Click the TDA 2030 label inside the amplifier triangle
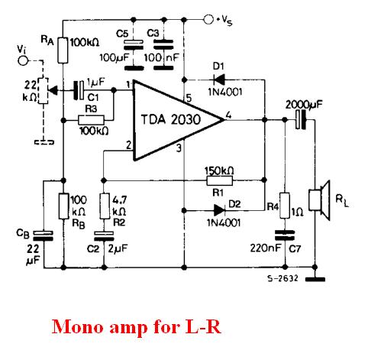(171, 119)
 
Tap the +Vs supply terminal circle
(208, 19)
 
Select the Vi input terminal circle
(23, 60)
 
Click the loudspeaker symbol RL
(319, 200)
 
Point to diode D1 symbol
(219, 79)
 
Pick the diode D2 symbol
(220, 210)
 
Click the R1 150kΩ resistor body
(219, 180)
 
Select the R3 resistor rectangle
(91, 120)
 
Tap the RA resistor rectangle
(63, 50)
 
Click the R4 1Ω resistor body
(285, 206)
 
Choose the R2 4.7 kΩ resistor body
(105, 206)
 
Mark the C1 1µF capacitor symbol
(79, 90)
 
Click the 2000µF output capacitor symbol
(300, 119)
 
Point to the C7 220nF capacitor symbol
(285, 235)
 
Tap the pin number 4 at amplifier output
(228, 115)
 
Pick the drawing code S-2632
(282, 278)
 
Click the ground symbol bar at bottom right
(315, 280)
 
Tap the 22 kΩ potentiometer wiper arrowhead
(53, 90)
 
